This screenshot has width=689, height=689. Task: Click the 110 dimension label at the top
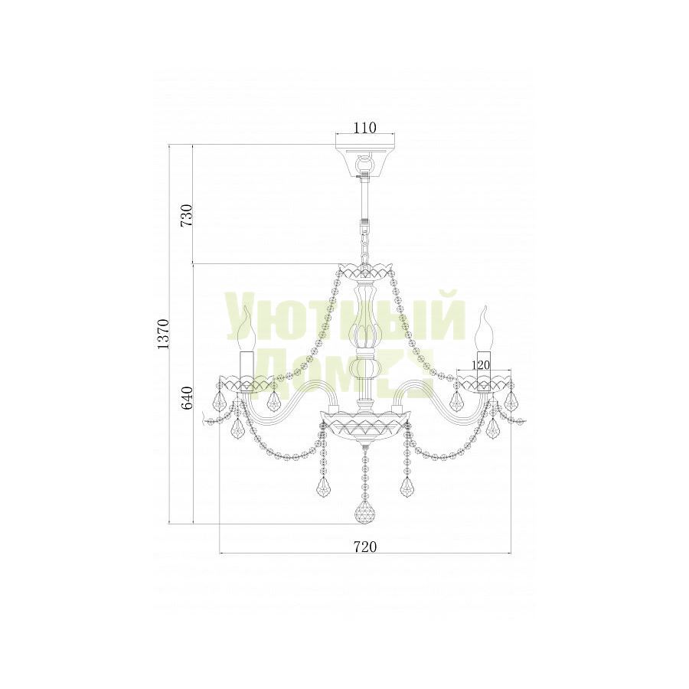(365, 127)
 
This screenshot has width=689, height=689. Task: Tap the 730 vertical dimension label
(188, 215)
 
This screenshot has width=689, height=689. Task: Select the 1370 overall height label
(163, 335)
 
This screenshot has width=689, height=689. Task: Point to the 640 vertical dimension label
(188, 398)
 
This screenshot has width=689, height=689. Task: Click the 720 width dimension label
(365, 547)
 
